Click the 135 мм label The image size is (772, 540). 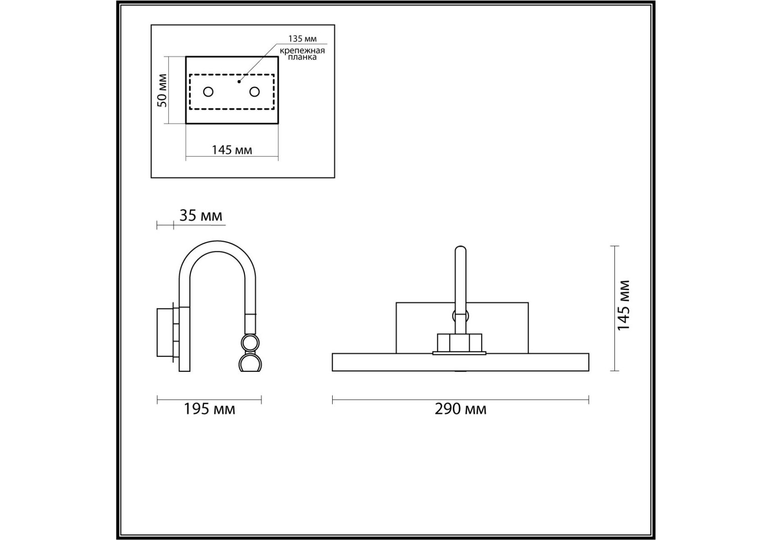pyautogui.click(x=302, y=39)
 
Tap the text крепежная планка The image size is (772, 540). pyautogui.click(x=302, y=54)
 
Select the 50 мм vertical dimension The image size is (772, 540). pyautogui.click(x=162, y=90)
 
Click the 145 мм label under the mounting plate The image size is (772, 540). pyautogui.click(x=232, y=150)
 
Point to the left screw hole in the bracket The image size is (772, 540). pyautogui.click(x=208, y=92)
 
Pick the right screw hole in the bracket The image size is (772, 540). pyautogui.click(x=254, y=92)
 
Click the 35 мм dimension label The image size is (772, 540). pyautogui.click(x=201, y=216)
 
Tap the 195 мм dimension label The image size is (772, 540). pyautogui.click(x=209, y=409)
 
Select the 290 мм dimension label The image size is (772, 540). pyautogui.click(x=460, y=409)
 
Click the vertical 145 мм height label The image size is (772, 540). pyautogui.click(x=623, y=306)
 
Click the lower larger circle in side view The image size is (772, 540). pyautogui.click(x=249, y=363)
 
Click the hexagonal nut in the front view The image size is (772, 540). pyautogui.click(x=460, y=342)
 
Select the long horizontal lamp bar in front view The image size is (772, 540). pyautogui.click(x=460, y=362)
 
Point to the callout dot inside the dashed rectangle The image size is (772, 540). pyautogui.click(x=239, y=82)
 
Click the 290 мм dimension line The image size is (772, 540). pyautogui.click(x=460, y=399)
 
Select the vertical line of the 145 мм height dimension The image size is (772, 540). pyautogui.click(x=615, y=308)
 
